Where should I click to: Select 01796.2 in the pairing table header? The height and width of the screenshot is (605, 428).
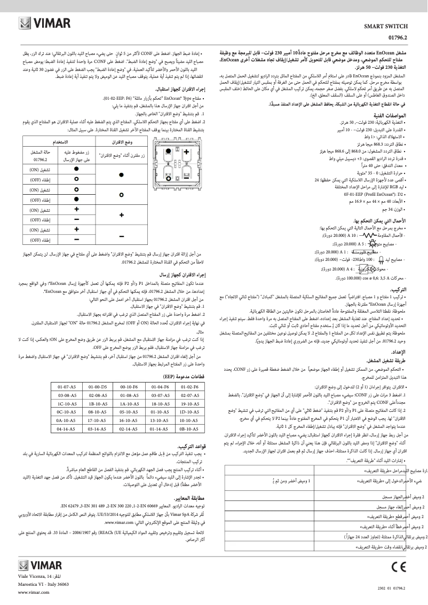point(41,158)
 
